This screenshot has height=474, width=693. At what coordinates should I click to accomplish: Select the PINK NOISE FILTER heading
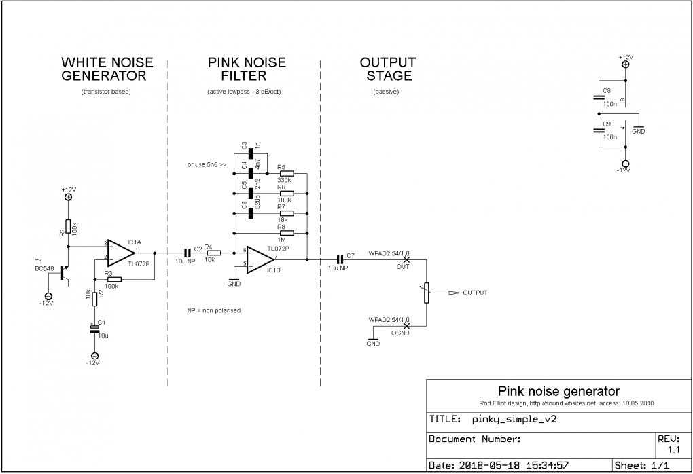tap(247, 69)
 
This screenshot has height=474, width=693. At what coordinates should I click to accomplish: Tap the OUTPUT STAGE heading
tap(387, 69)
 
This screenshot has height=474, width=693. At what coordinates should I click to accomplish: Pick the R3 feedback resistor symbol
tap(113, 279)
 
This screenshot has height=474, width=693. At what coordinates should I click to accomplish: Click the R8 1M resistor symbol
tap(286, 232)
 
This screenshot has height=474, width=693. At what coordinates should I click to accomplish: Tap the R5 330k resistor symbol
tap(286, 173)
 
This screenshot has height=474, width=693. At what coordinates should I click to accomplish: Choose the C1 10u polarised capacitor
tap(94, 329)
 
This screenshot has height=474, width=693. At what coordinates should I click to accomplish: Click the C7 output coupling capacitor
tap(340, 259)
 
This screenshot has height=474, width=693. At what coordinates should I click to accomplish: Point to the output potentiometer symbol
tap(426, 293)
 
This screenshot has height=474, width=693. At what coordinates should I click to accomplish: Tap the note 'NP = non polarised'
tap(214, 310)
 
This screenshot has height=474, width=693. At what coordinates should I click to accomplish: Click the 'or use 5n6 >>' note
tap(207, 164)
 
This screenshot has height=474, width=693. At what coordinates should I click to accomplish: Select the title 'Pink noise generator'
tap(558, 391)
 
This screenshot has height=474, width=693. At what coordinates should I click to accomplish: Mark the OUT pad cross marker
tap(407, 259)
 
